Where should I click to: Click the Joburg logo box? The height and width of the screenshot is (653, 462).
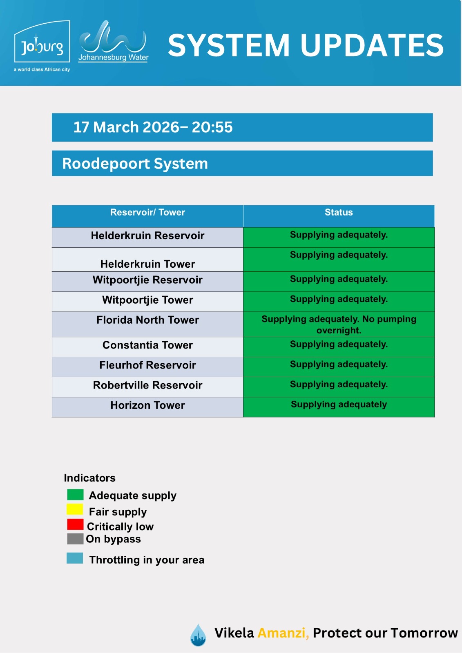click(42, 41)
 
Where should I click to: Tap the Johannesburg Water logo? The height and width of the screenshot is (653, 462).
click(113, 41)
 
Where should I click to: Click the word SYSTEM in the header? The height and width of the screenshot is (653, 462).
click(228, 45)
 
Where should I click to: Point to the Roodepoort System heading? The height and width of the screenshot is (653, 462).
click(135, 163)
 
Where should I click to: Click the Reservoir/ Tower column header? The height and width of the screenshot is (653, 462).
click(147, 212)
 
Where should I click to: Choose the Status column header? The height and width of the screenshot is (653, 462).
click(339, 212)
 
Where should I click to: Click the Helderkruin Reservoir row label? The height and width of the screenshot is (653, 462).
click(147, 235)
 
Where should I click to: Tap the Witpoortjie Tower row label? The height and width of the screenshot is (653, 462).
click(147, 300)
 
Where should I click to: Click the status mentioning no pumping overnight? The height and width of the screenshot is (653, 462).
click(339, 324)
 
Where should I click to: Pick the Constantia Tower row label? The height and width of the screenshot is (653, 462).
click(147, 345)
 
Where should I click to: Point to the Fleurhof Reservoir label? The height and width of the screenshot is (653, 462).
click(147, 365)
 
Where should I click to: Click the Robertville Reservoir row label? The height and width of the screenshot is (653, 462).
click(147, 385)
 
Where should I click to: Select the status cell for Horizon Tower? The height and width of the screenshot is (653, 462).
click(339, 407)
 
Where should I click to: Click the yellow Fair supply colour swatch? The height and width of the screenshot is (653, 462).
click(75, 509)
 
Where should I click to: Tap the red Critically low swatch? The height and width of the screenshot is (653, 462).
click(75, 524)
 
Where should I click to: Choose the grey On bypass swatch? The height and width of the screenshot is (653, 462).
click(75, 539)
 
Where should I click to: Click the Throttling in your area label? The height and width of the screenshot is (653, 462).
click(147, 560)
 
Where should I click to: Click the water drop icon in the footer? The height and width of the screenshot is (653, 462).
click(198, 635)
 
